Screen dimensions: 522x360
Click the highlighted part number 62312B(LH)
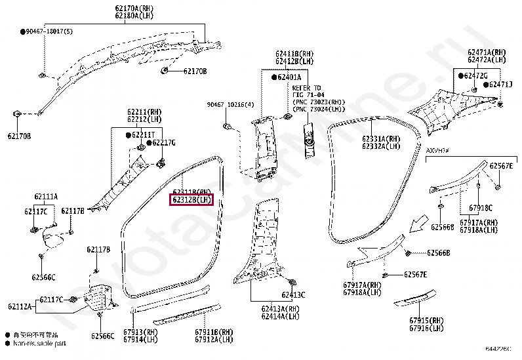coord(191,199)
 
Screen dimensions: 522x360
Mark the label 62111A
coord(45,196)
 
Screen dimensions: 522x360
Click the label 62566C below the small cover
coord(44,277)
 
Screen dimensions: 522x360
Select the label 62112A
coord(20,306)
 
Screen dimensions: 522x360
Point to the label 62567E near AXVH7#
coord(501,166)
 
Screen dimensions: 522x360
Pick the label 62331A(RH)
coord(380,139)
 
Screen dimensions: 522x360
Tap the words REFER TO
coord(306,87)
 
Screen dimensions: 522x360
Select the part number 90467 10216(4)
coord(230,104)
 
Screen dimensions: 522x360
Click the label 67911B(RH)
coord(214,332)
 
